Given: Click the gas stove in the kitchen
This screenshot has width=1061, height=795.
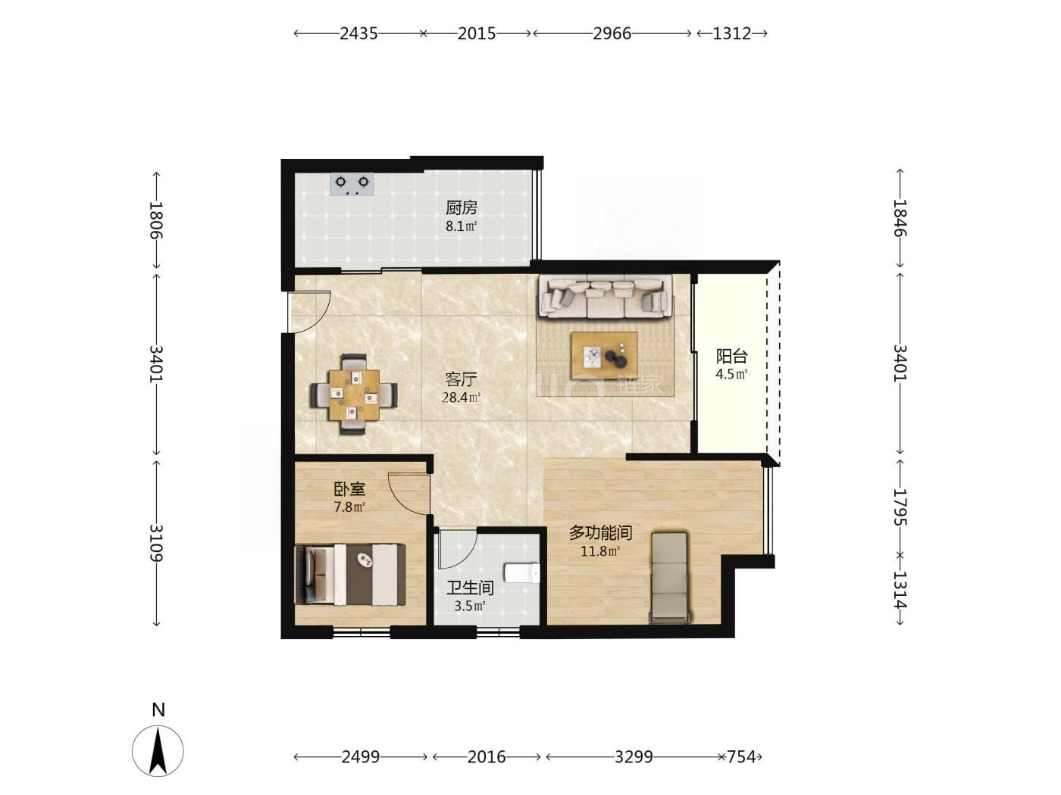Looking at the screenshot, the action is [352, 185].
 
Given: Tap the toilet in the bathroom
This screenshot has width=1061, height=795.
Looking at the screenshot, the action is [521, 573].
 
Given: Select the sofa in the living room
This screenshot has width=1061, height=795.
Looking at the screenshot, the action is [606, 298].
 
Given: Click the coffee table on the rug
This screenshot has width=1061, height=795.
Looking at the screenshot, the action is [604, 356].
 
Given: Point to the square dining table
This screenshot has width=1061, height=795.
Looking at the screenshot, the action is [354, 394].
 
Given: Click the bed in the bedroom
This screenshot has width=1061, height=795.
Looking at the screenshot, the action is [350, 575].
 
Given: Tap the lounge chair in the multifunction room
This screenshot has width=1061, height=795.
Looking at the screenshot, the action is [669, 578].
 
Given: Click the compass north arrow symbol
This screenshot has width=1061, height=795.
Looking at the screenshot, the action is [158, 751].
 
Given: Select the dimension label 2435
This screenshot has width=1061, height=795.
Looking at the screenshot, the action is [358, 33].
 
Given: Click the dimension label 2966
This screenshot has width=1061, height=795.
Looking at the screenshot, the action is [612, 33].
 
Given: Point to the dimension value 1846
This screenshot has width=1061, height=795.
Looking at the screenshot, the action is [900, 218].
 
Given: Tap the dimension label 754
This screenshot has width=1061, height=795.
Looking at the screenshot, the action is [741, 756].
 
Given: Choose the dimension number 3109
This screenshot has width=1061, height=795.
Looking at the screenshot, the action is [155, 543].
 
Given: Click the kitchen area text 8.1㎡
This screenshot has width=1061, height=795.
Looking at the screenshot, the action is [461, 226].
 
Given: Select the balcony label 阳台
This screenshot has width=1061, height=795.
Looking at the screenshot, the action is [732, 356].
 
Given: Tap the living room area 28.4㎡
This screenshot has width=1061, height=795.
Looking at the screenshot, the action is [461, 397].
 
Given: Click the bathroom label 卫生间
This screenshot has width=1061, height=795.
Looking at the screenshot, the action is [470, 588].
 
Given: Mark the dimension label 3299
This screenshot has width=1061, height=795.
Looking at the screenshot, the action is [634, 756].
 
